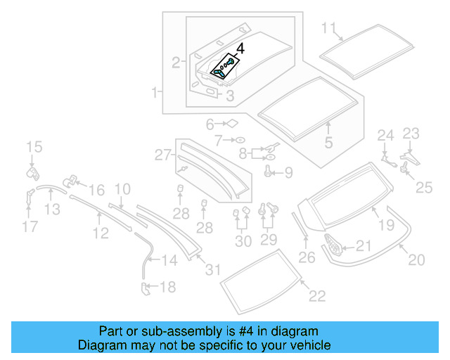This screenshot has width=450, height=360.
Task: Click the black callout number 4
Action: pyautogui.click(x=240, y=49)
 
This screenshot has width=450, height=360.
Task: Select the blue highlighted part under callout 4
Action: pyautogui.click(x=221, y=68)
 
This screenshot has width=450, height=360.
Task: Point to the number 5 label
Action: pyautogui.click(x=328, y=143)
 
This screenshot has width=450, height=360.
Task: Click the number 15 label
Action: pyautogui.click(x=34, y=147)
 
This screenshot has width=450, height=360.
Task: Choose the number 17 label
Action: pyautogui.click(x=30, y=226)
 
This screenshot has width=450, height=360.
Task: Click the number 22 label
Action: pyautogui.click(x=317, y=296)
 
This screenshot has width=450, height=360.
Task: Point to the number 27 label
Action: pyautogui.click(x=163, y=154)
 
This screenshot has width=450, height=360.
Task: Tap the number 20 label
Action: pyautogui.click(x=417, y=260)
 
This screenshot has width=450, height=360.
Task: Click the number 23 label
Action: pyautogui.click(x=411, y=133)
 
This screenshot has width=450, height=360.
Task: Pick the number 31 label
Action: pyautogui.click(x=212, y=270)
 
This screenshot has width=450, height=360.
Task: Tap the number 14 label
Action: pyautogui.click(x=170, y=261)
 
